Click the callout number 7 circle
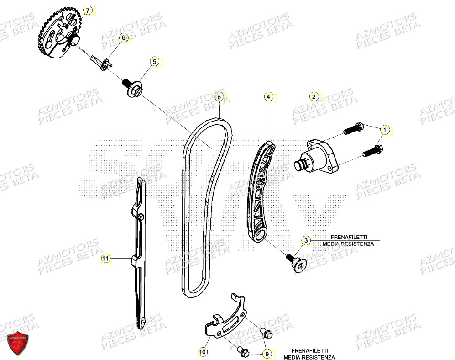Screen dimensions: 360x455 click(88, 10)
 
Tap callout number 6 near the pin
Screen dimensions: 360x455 click(123, 38)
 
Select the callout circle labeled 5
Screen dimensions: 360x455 click(154, 62)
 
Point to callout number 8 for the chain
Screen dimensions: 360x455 click(219, 97)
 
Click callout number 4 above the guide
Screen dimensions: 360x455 click(269, 97)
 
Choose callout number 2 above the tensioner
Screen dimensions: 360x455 click(314, 96)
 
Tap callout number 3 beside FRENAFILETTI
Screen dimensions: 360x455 click(306, 240)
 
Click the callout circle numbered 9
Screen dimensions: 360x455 click(267, 354)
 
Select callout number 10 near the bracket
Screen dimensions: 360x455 click(203, 352)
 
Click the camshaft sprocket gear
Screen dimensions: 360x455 click(60, 34)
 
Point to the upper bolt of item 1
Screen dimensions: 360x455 click(353, 129)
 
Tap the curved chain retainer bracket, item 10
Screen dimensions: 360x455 click(226, 320)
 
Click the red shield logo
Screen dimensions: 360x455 click(18, 342)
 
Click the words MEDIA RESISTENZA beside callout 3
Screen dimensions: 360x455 click(348, 244)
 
